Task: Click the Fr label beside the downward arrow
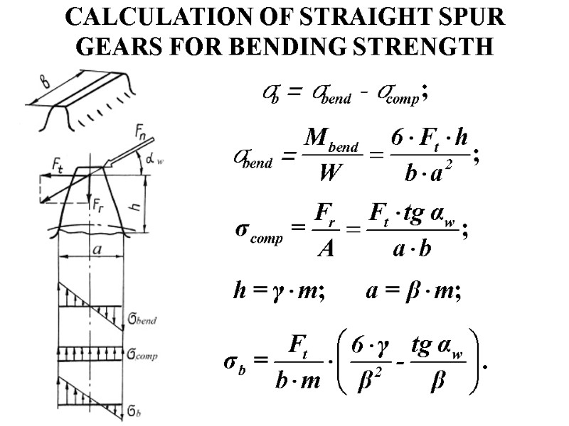click(x=98, y=202)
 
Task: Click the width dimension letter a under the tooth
click(x=97, y=249)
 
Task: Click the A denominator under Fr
click(x=325, y=249)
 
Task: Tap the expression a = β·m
click(x=413, y=292)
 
